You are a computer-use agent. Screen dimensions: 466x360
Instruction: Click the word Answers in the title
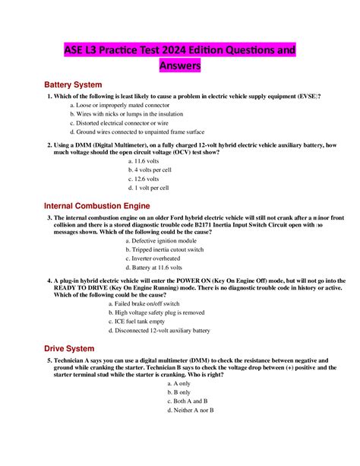[180, 66]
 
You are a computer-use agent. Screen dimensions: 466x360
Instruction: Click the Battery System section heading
[73, 84]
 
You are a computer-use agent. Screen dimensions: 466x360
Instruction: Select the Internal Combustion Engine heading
[97, 206]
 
